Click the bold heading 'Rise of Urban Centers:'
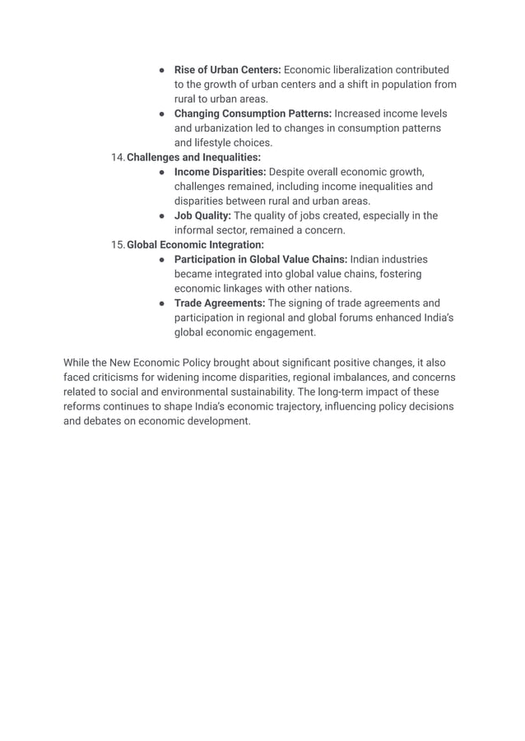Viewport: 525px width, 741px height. tap(227, 70)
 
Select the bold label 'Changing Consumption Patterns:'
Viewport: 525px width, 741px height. tap(253, 113)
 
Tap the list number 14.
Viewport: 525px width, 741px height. tap(118, 157)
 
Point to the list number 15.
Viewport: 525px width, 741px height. tap(118, 244)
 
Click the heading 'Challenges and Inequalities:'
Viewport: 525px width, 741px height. tap(193, 157)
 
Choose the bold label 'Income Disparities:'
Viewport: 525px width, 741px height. tap(220, 172)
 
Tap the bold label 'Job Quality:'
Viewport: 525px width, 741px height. tap(202, 215)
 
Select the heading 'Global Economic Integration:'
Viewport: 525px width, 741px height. tap(195, 244)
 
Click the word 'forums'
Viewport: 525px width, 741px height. tap(383, 317)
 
